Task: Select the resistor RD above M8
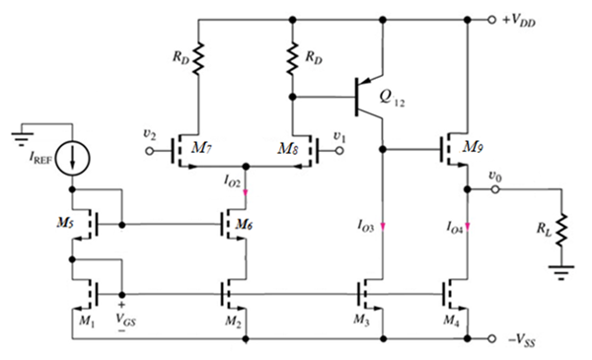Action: [x=292, y=60]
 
